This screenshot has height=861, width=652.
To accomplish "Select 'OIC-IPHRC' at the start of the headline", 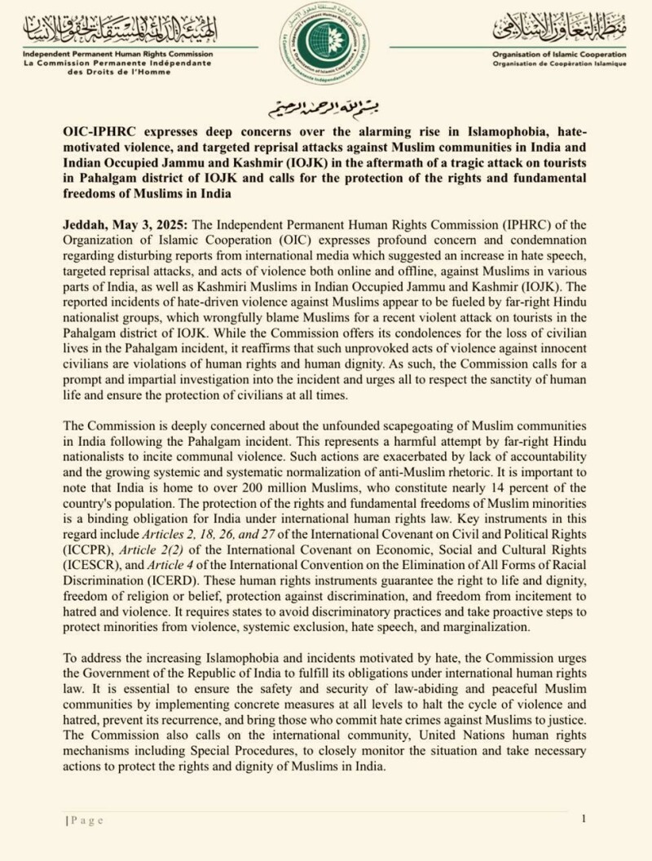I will click(x=96, y=130).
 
